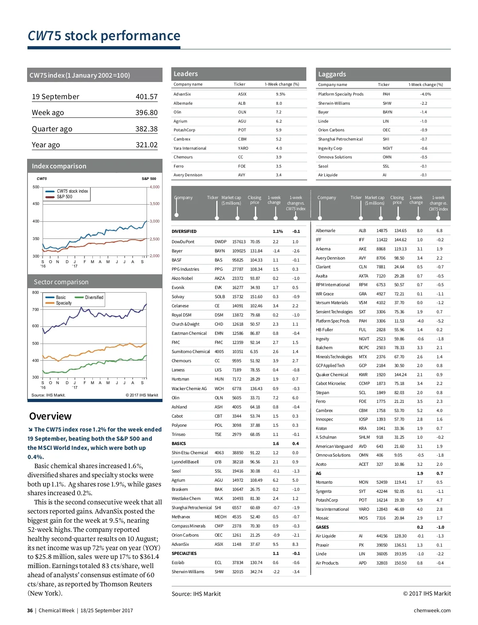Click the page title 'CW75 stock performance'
pyautogui.click(x=104, y=36)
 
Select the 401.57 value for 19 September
pyautogui.click(x=147, y=97)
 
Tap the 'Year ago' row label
pyautogui.click(x=46, y=145)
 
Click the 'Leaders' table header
pyautogui.click(x=186, y=74)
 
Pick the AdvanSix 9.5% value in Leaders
pyautogui.click(x=280, y=94)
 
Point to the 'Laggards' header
pyautogui.click(x=332, y=74)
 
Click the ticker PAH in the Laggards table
pyautogui.click(x=386, y=94)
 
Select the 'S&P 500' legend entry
pyautogui.click(x=65, y=197)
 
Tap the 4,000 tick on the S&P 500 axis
pyautogui.click(x=155, y=187)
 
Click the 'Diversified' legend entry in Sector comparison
pyautogui.click(x=94, y=297)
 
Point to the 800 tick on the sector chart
pyautogui.click(x=36, y=293)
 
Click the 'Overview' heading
pyautogui.click(x=50, y=416)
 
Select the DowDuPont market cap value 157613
pyautogui.click(x=239, y=242)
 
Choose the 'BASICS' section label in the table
pyautogui.click(x=179, y=443)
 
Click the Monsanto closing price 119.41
pyautogui.click(x=400, y=482)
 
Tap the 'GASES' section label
pyautogui.click(x=322, y=527)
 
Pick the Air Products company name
pyautogui.click(x=327, y=563)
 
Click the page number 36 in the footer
pyautogui.click(x=30, y=611)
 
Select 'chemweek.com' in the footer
pyautogui.click(x=432, y=611)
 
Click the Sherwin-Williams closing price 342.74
pyautogui.click(x=256, y=572)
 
